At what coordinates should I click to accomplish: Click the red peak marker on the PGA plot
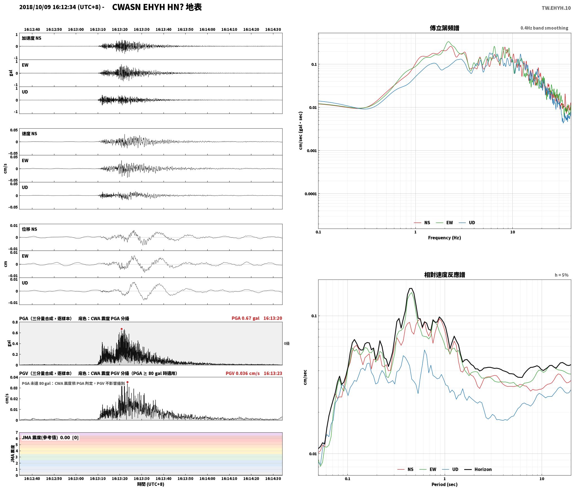(121, 329)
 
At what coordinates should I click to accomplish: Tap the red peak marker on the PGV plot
(127, 382)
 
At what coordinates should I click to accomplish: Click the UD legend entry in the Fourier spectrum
(467, 223)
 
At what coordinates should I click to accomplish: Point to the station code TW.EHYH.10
(556, 8)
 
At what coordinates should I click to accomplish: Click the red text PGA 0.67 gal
(245, 318)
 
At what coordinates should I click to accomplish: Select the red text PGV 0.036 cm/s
(242, 373)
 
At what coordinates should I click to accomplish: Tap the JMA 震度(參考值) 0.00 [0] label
(50, 438)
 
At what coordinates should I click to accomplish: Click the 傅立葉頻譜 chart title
(444, 28)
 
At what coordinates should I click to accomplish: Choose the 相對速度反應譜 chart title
(444, 275)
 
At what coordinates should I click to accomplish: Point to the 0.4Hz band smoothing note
(544, 28)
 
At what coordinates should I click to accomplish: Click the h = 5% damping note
(561, 275)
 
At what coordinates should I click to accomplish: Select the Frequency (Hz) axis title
(444, 238)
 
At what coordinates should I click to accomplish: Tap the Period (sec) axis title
(444, 484)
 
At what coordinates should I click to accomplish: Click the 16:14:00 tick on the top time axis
(207, 30)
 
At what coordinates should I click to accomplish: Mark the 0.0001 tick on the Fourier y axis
(311, 194)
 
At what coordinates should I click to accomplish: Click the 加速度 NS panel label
(31, 38)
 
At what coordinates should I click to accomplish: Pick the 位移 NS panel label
(29, 229)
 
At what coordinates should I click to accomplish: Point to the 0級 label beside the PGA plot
(287, 344)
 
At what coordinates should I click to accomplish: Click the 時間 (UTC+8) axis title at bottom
(150, 484)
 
